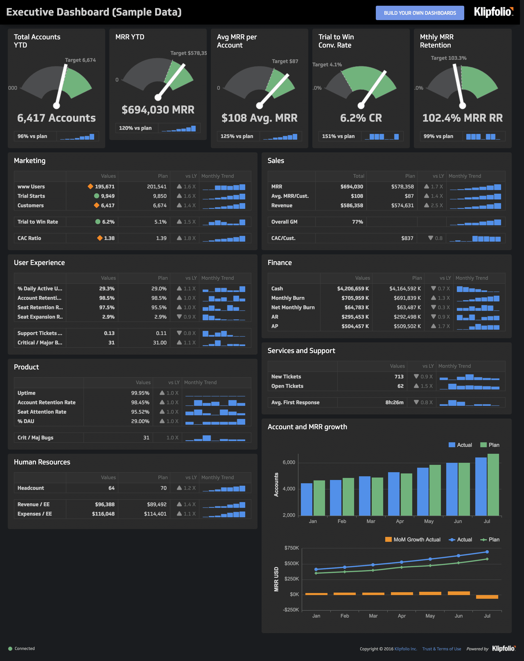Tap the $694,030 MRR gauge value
[x=158, y=110]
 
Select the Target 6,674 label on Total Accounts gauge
[x=80, y=60]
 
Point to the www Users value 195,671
[x=105, y=186]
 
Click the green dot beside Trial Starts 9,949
[x=97, y=196]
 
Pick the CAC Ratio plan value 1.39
[x=161, y=238]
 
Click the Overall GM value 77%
[x=357, y=222]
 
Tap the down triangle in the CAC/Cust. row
[x=430, y=238]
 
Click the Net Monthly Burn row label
[x=293, y=307]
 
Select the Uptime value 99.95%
[x=140, y=393]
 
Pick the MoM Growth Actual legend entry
[x=413, y=540]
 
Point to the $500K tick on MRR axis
[x=291, y=564]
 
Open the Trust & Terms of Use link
[x=441, y=649]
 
